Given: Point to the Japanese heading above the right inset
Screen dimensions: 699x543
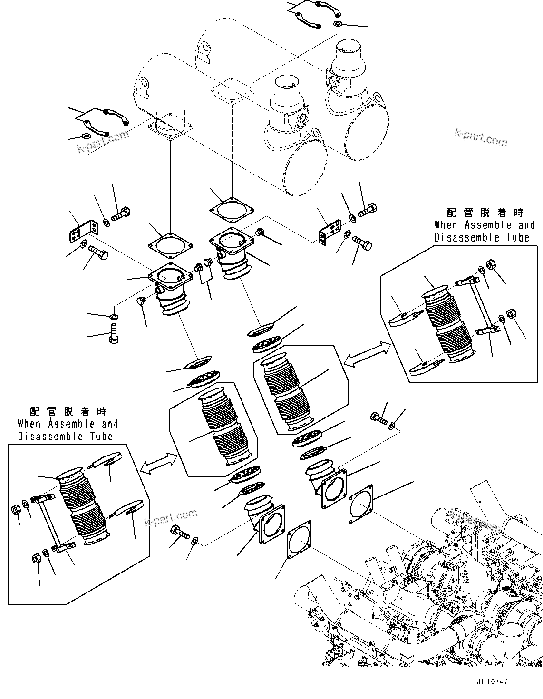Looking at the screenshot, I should [x=485, y=213].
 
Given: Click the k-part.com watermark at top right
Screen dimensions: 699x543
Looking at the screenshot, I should [x=481, y=137].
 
